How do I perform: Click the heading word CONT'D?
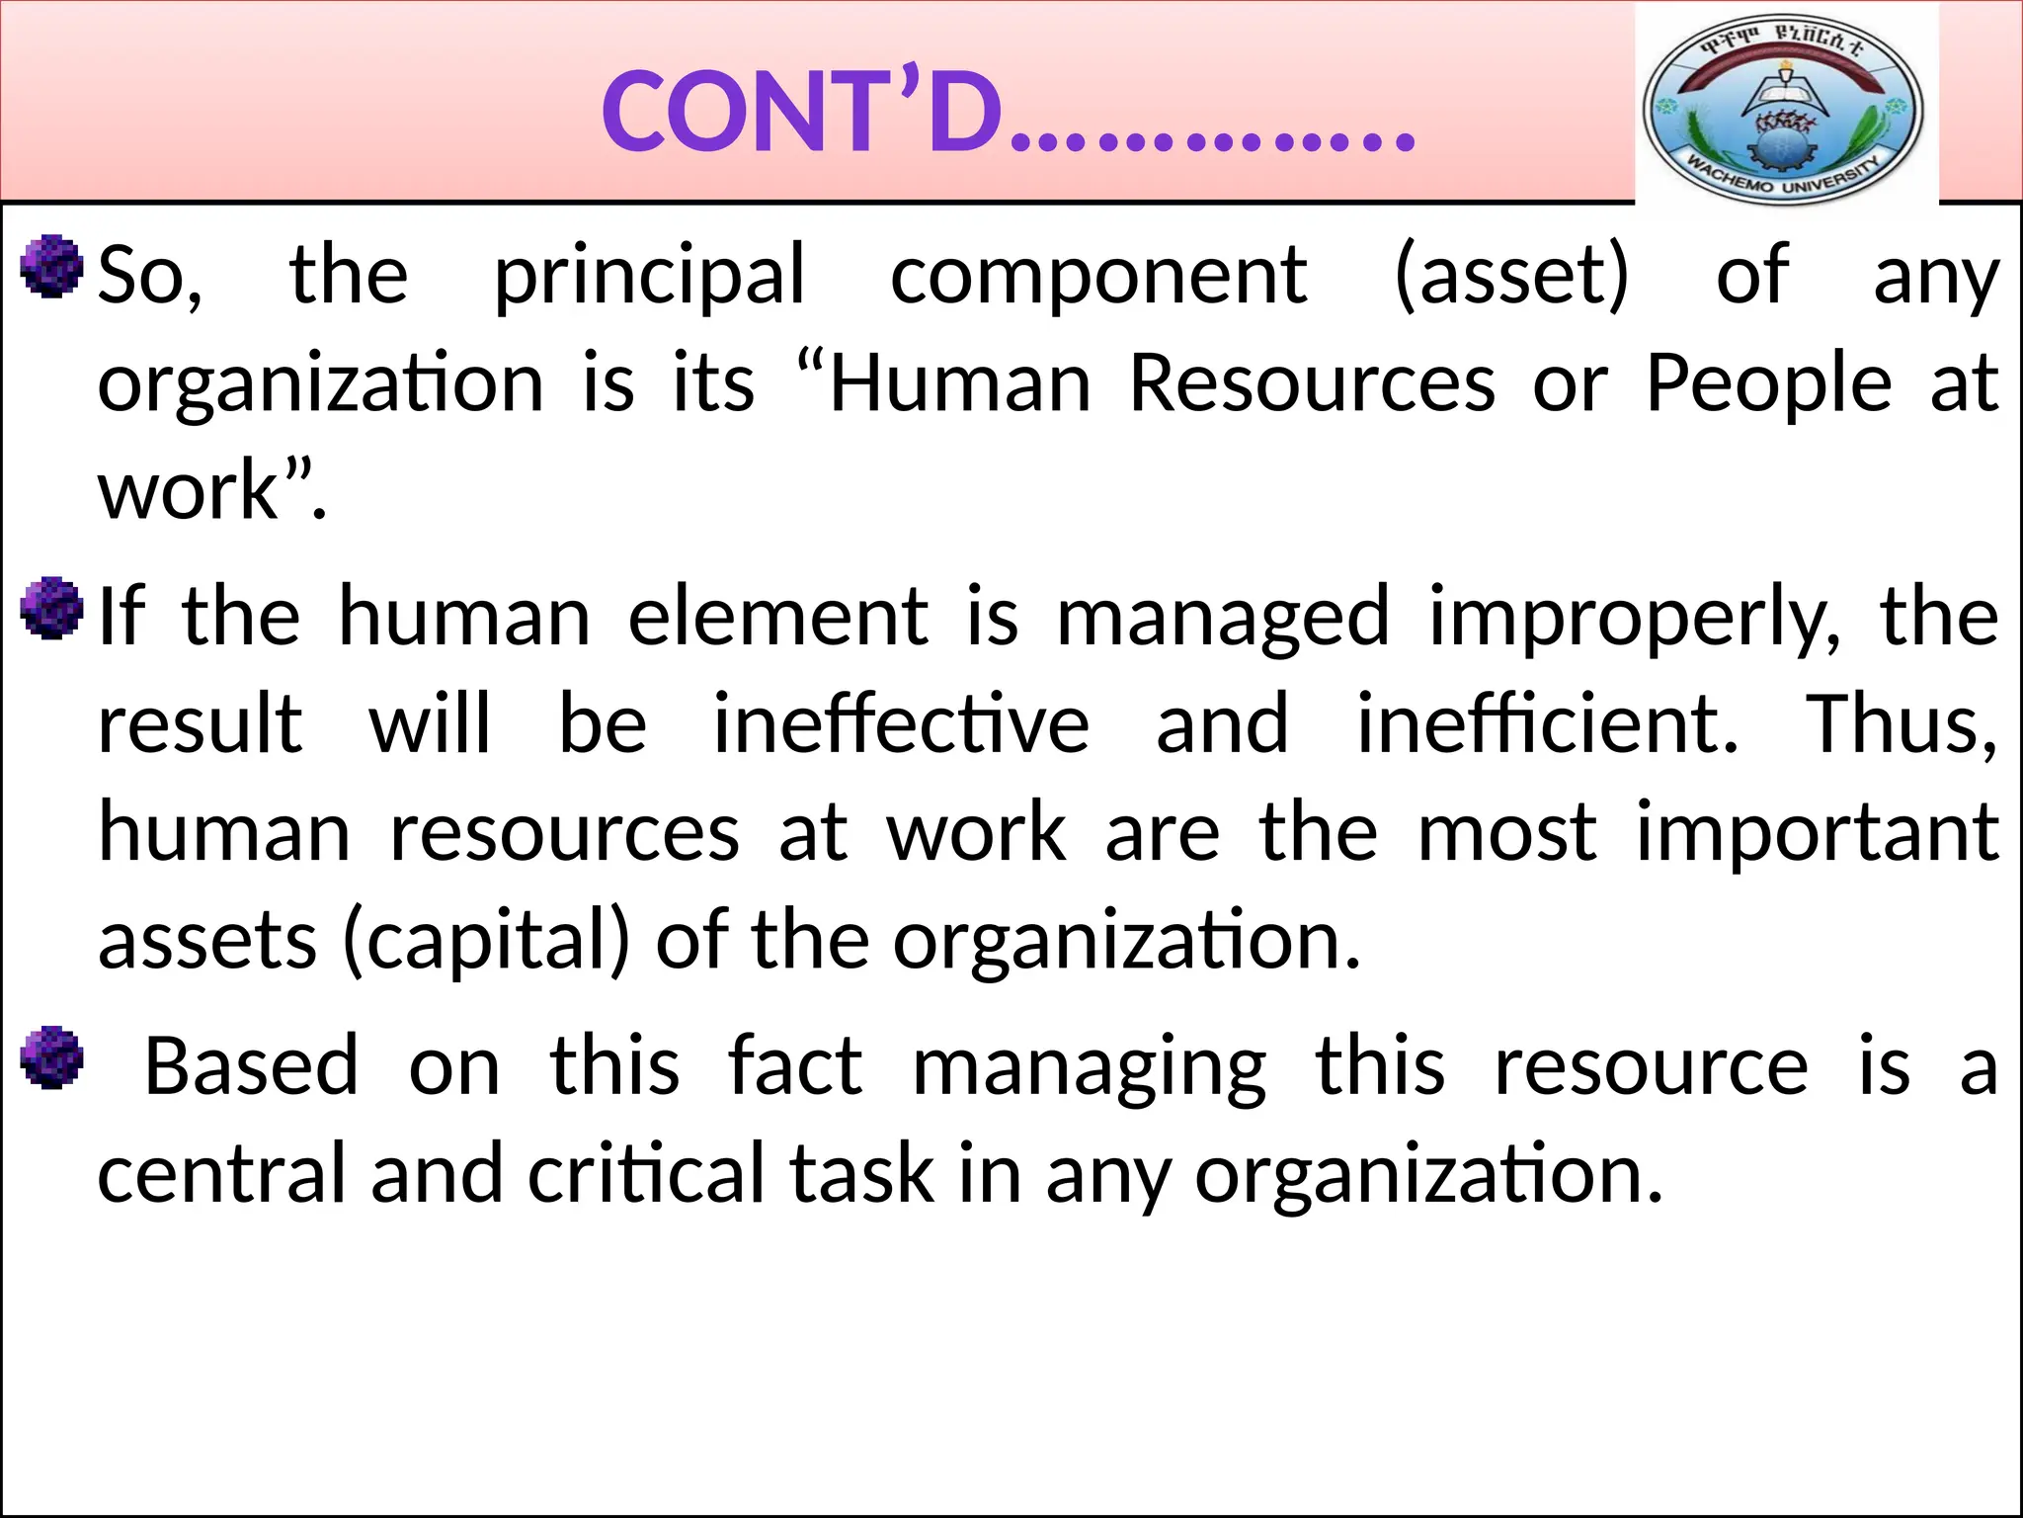802,114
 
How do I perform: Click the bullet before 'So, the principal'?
51,266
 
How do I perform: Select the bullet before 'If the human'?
51,608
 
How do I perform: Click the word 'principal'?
650,276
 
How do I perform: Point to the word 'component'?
1098,276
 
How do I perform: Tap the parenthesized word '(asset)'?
1511,276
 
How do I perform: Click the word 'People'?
1768,383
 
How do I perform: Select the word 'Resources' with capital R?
1312,383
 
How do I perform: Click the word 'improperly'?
1634,618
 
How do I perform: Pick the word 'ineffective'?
901,724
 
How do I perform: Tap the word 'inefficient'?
1547,724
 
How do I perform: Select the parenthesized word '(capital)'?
485,941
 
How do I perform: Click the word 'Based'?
251,1067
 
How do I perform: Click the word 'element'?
778,618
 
